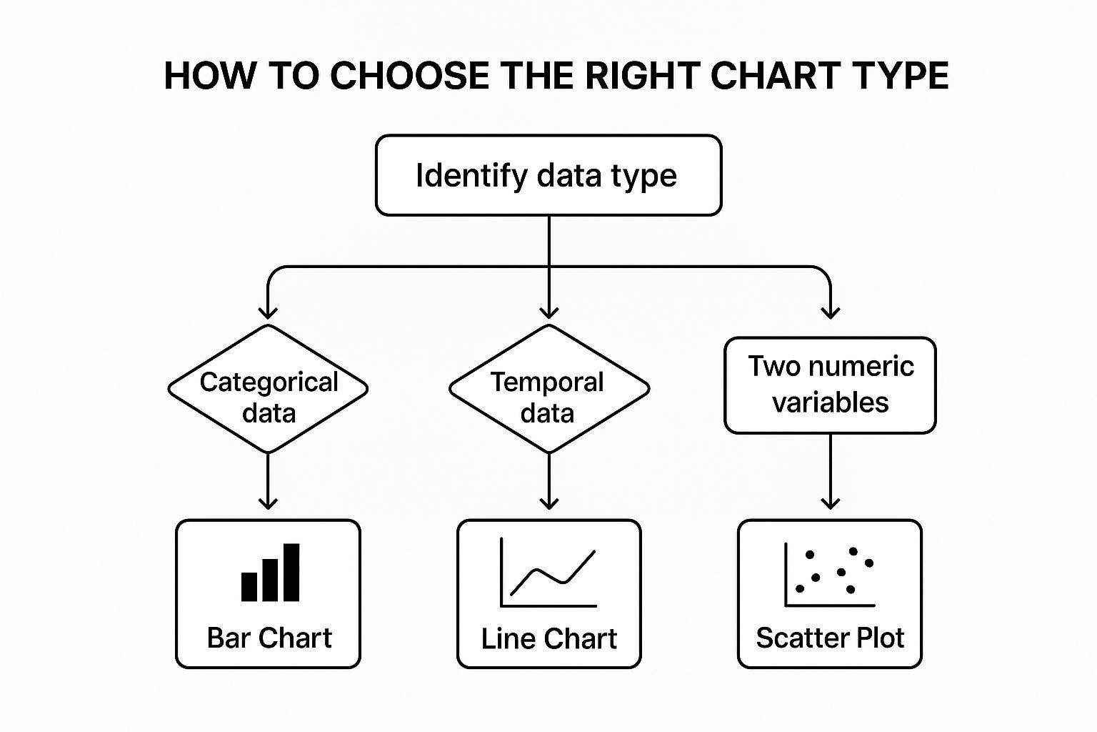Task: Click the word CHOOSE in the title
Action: click(410, 76)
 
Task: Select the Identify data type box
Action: click(548, 175)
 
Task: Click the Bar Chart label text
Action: click(269, 638)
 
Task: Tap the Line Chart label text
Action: click(549, 638)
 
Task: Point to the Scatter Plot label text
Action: click(830, 638)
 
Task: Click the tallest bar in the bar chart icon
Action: click(291, 572)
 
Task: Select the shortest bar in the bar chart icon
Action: click(249, 587)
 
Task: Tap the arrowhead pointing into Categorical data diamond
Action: click(268, 312)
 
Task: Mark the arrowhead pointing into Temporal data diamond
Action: click(549, 312)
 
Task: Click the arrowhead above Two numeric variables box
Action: click(830, 312)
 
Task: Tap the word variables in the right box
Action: click(830, 402)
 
